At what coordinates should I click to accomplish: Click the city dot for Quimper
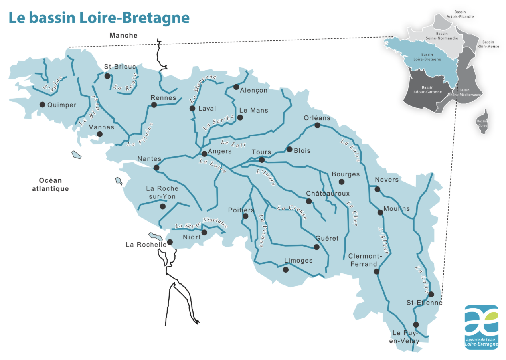tap(42, 105)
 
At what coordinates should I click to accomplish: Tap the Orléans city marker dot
tap(317, 125)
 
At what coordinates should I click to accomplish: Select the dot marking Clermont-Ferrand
tap(376, 271)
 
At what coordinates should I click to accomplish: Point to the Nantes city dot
tap(156, 168)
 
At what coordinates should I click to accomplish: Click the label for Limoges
tap(298, 261)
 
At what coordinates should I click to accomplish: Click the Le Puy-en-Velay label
tap(406, 337)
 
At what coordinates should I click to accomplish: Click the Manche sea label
tap(124, 36)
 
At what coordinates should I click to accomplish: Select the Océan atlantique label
tap(50, 184)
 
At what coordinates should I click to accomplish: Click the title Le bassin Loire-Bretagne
tap(99, 18)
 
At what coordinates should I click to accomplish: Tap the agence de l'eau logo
tap(481, 327)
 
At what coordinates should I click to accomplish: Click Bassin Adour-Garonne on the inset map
tap(427, 89)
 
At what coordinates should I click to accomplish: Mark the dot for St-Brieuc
tap(107, 76)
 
